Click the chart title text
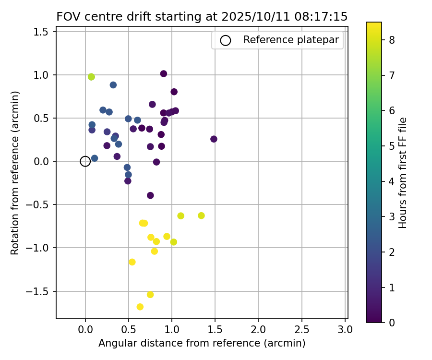202,16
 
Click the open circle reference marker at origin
85,161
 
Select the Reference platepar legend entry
277,40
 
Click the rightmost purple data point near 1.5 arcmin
214,139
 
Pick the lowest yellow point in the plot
140,307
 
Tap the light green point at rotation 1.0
91,77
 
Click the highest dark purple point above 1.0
164,74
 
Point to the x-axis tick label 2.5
301,330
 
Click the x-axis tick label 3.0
345,330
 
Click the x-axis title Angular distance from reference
202,343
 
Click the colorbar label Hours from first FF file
403,173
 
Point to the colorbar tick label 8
392,40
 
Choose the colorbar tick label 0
392,323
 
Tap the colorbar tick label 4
392,181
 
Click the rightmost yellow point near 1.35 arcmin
201,216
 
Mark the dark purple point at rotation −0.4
150,195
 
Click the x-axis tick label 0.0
85,330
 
